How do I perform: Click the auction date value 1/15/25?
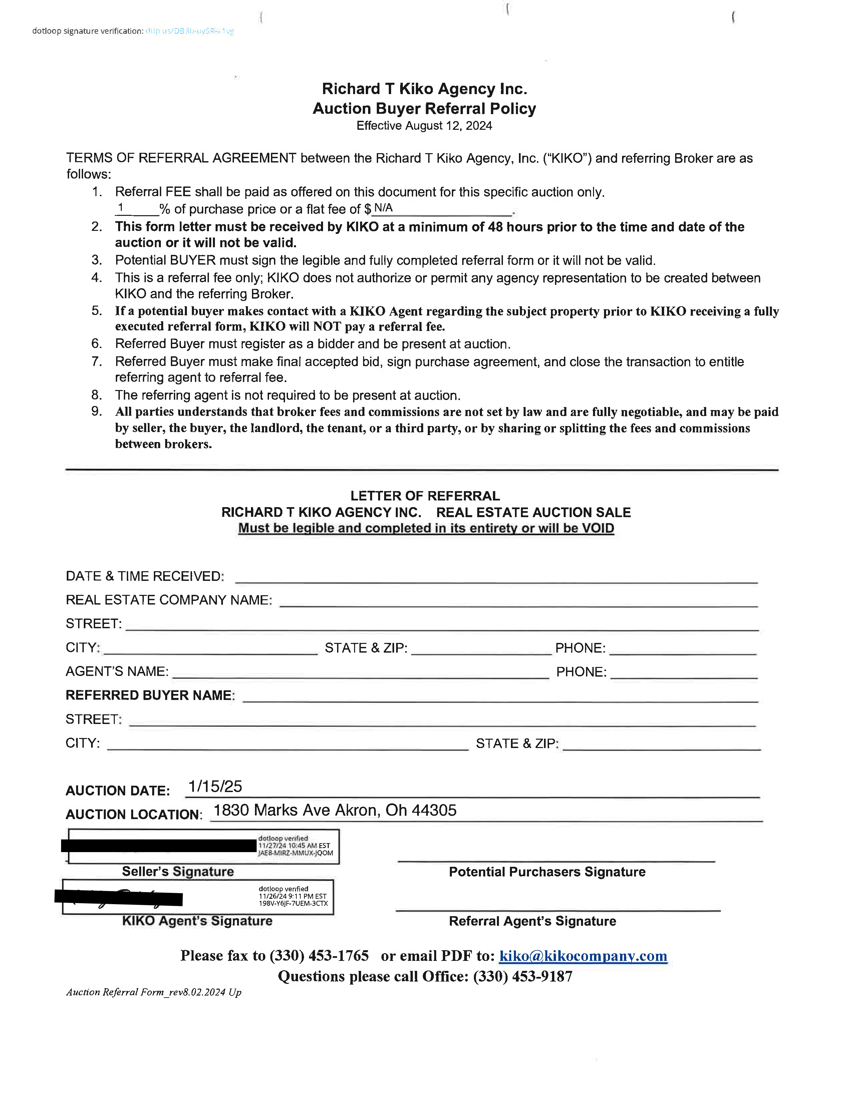pos(215,786)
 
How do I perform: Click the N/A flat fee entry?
pos(383,208)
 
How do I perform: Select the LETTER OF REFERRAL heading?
pos(425,496)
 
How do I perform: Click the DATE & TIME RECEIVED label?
pos(145,576)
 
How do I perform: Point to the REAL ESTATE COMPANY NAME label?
pos(169,600)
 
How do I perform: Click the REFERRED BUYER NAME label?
pos(150,695)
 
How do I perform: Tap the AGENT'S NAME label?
pos(117,672)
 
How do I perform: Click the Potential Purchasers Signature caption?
pos(547,872)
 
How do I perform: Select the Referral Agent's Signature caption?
pos(532,921)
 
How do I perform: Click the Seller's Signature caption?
pos(178,871)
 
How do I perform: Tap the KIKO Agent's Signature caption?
pos(197,921)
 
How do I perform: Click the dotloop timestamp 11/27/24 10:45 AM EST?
pos(294,846)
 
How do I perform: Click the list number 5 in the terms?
pos(97,311)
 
